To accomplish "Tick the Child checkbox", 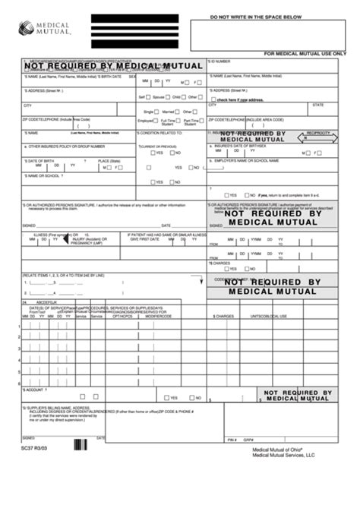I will click(185, 97).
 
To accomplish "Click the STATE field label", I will click(317, 105).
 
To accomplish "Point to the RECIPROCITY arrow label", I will click(318, 133).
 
